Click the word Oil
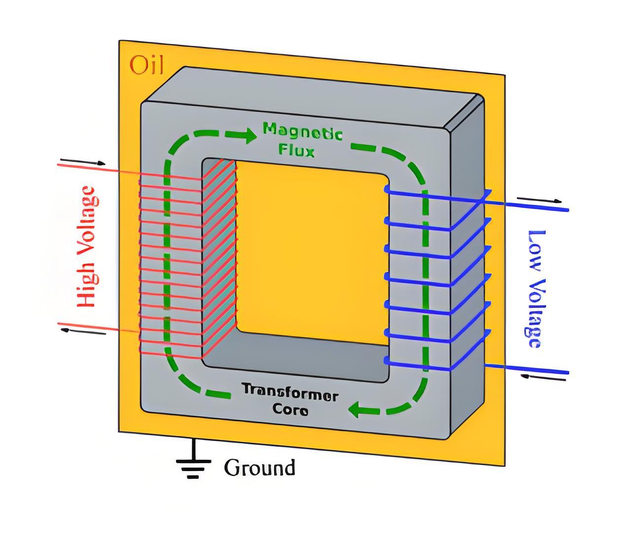(x=146, y=65)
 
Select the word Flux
(x=296, y=150)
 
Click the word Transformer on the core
(x=290, y=394)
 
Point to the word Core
(x=290, y=409)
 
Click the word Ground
(x=259, y=468)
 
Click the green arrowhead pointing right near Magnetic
(x=249, y=135)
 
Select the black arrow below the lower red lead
(x=83, y=332)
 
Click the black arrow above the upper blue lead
(x=539, y=199)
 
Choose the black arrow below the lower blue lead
(x=543, y=377)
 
